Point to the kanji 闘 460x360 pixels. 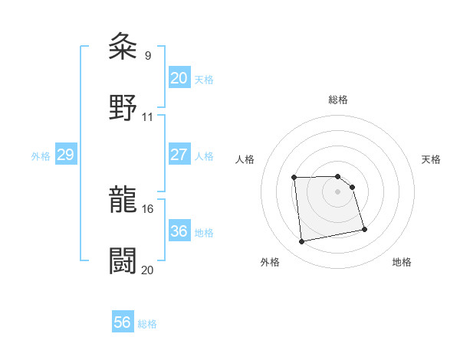(x=123, y=260)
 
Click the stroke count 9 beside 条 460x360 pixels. (x=147, y=55)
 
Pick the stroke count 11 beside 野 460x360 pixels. (x=148, y=116)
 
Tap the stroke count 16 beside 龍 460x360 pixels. (x=148, y=208)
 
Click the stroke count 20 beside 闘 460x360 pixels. (x=148, y=270)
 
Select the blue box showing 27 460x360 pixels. (x=179, y=155)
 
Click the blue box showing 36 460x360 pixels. (x=179, y=231)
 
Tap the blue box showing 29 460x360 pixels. (x=65, y=155)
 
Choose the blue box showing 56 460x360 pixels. (x=122, y=322)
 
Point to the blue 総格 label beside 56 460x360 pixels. (x=147, y=324)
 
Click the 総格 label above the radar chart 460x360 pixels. (x=338, y=100)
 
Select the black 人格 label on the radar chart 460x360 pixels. (x=245, y=159)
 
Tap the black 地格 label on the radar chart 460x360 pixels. (x=402, y=262)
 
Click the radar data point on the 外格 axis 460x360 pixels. (x=302, y=242)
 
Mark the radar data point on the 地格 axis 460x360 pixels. (x=364, y=229)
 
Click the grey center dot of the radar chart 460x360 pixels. (x=338, y=191)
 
